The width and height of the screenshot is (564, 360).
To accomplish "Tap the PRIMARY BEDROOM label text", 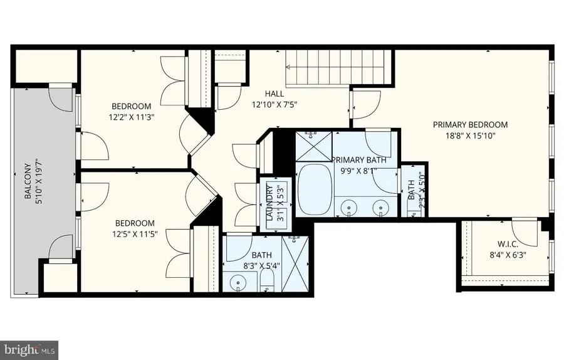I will pyautogui.click(x=470, y=125).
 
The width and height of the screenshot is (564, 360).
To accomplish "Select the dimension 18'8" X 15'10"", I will pyautogui.click(x=470, y=136).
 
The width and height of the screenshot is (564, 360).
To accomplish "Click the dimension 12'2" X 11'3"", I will pyautogui.click(x=131, y=116).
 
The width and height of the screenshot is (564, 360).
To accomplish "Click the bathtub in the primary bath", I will pyautogui.click(x=311, y=186).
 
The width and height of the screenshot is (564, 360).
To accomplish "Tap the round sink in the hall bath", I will pyautogui.click(x=238, y=284).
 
